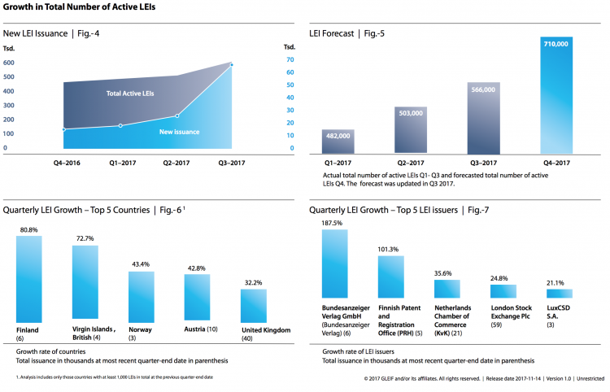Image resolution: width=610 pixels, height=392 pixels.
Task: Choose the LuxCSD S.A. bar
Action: [559, 294]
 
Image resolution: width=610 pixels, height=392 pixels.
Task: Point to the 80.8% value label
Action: [28, 230]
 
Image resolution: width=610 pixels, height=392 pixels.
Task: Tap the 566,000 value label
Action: [483, 90]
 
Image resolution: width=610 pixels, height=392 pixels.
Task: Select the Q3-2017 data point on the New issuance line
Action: [232, 64]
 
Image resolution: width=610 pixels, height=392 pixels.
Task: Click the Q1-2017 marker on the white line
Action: [120, 125]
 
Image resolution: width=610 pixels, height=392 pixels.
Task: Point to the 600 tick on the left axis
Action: [9, 63]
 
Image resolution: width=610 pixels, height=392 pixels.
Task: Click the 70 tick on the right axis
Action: [289, 59]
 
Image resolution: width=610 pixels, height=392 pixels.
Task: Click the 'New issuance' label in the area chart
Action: [179, 132]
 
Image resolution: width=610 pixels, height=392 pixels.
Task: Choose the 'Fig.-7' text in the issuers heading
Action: [473, 210]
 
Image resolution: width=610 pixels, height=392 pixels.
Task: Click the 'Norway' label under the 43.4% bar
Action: [141, 329]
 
